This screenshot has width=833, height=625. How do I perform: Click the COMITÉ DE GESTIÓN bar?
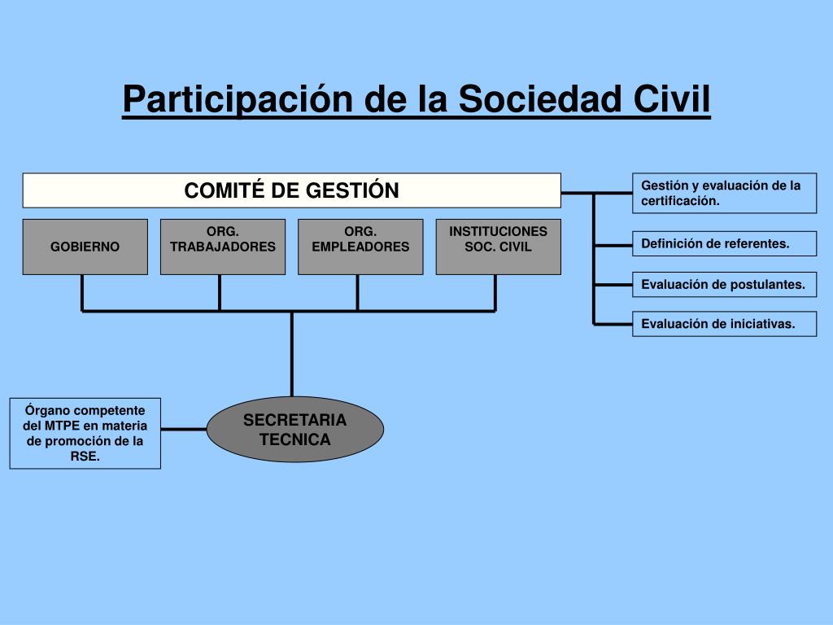coord(291,190)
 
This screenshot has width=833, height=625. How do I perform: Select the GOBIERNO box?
coord(85,247)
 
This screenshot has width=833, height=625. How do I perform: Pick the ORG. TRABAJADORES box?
coord(223,247)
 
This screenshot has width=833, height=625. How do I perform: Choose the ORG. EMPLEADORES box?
coord(360,247)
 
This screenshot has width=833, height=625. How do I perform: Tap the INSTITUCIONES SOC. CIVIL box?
coord(498,247)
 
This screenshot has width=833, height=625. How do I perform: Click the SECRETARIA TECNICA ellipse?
coord(294,430)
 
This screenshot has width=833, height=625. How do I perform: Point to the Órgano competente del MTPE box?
coord(85,433)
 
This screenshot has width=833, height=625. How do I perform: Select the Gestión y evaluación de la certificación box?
coord(724,193)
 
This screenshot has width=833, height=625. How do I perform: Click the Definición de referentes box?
coord(724,243)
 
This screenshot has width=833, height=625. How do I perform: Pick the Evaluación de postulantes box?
coord(724,284)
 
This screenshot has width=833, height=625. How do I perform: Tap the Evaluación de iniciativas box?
coord(724,323)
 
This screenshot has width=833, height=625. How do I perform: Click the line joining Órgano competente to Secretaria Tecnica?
coord(183,429)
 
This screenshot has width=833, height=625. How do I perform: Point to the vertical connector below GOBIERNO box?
coord(82,293)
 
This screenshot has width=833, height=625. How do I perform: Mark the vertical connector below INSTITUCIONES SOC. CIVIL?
coord(495,293)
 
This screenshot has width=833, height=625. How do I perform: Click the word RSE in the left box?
coord(84,457)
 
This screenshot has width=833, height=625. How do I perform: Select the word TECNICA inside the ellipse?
coord(294,440)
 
